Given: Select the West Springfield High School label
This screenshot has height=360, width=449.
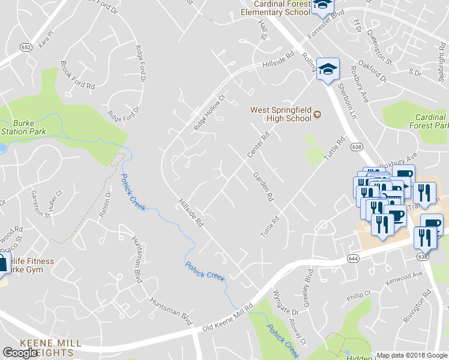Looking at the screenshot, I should pos(281,114).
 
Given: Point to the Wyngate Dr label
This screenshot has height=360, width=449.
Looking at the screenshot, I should pos(286,302).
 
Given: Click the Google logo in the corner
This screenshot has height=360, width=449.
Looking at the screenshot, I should pos(20,353).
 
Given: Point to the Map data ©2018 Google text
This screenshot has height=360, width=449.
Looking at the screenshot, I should pos(412,355).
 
